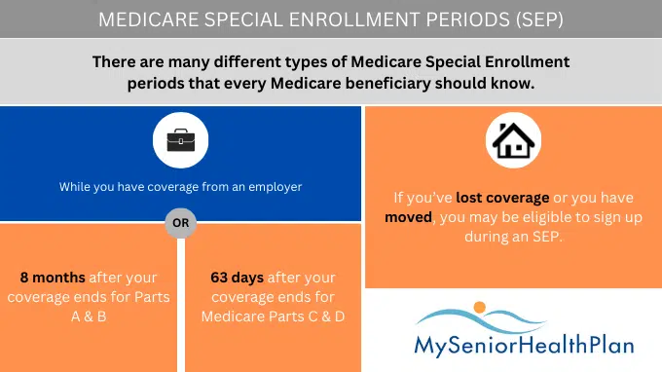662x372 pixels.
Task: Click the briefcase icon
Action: (x=181, y=142)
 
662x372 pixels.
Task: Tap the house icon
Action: (x=514, y=141)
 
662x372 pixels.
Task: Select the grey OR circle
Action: (x=181, y=222)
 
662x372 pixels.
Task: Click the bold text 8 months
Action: (x=50, y=278)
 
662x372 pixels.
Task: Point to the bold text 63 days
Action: (x=237, y=278)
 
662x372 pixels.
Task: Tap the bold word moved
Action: (x=408, y=216)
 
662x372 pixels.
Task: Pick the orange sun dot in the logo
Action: (x=479, y=309)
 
